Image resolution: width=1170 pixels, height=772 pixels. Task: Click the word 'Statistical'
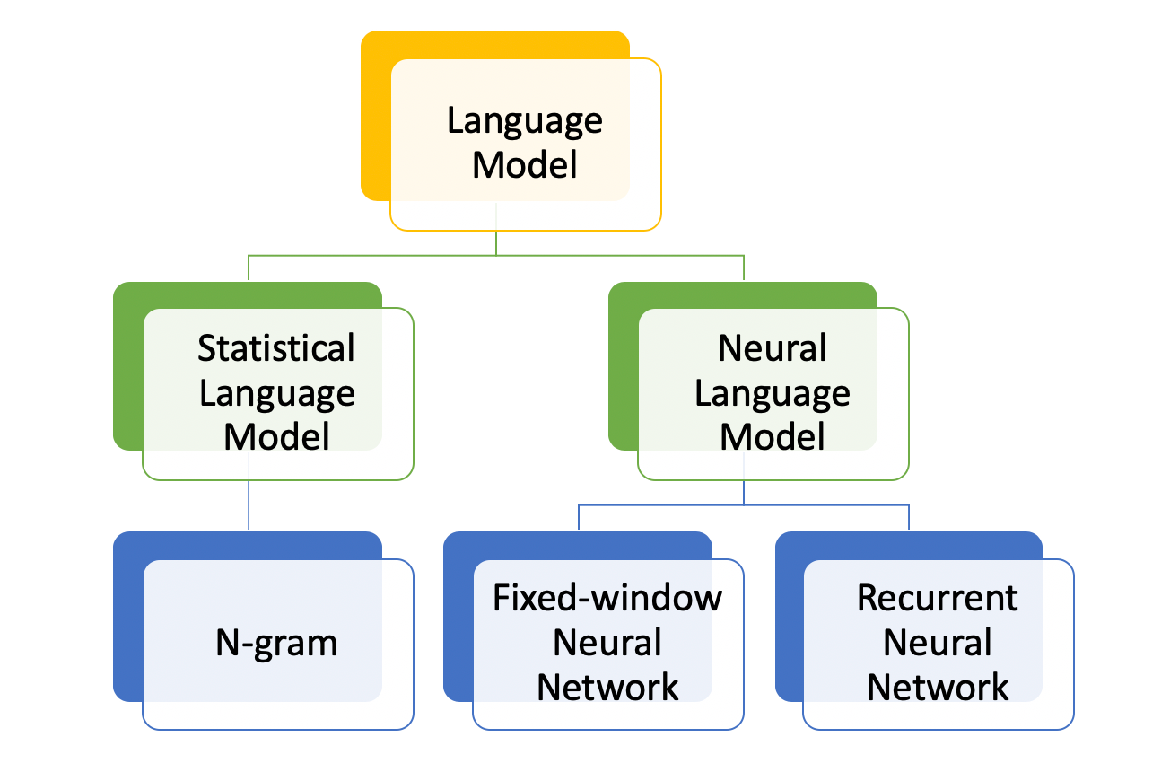click(276, 348)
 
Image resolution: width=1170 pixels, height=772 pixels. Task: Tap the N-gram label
click(276, 643)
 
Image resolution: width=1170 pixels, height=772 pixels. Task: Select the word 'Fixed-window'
click(607, 598)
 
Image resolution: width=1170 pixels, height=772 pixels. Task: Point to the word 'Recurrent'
click(938, 598)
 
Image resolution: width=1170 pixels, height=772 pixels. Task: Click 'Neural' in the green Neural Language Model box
click(772, 348)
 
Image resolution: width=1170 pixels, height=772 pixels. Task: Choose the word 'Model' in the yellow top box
click(524, 165)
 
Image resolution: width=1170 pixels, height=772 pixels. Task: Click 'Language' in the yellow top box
click(524, 122)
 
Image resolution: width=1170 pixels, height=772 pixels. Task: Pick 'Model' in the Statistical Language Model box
click(276, 437)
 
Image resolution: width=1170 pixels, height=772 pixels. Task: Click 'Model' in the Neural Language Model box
click(772, 437)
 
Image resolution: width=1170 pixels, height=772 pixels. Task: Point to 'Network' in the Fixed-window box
click(607, 688)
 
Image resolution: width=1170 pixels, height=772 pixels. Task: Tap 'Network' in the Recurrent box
click(938, 688)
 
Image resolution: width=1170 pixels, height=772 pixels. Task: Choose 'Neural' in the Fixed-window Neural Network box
click(607, 643)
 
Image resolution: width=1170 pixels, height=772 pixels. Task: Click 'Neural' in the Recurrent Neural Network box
click(938, 643)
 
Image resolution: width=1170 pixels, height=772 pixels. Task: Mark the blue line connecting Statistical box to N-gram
click(249, 504)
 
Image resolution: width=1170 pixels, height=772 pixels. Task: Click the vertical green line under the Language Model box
click(495, 243)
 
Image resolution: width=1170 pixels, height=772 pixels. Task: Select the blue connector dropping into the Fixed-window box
click(579, 517)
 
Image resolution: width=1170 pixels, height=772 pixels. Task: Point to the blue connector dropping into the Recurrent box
click(909, 517)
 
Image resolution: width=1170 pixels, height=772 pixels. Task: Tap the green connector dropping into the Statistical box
click(249, 268)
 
